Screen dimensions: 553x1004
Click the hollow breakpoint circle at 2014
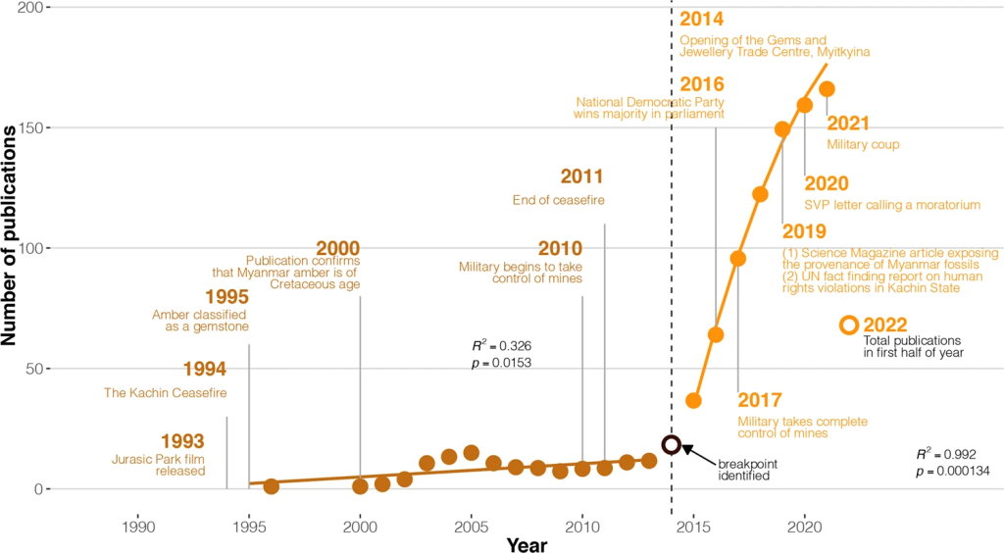pos(672,445)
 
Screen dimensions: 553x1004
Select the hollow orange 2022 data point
pos(849,325)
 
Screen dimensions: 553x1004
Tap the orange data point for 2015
pos(693,400)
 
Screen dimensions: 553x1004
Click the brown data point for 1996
pos(272,486)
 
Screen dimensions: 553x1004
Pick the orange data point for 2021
pos(827,89)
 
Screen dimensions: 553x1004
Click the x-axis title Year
pos(527,543)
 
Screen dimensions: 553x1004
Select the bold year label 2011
pos(581,177)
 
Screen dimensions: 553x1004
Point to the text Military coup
pos(863,145)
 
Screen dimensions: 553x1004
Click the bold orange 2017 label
pos(760,400)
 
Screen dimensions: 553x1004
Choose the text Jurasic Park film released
pos(159,464)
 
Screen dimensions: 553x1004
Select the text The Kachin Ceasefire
pos(165,393)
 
